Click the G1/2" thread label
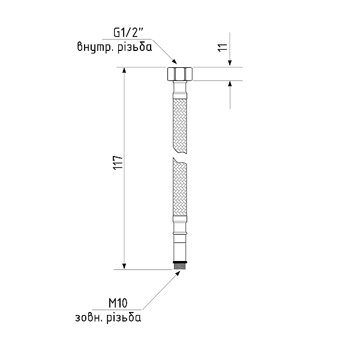[128, 33]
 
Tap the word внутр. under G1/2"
[95, 47]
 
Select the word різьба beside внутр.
[135, 47]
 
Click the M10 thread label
[118, 303]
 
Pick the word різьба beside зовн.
[124, 317]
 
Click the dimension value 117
[118, 163]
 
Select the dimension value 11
[223, 47]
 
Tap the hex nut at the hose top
[180, 74]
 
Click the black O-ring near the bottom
[180, 262]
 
